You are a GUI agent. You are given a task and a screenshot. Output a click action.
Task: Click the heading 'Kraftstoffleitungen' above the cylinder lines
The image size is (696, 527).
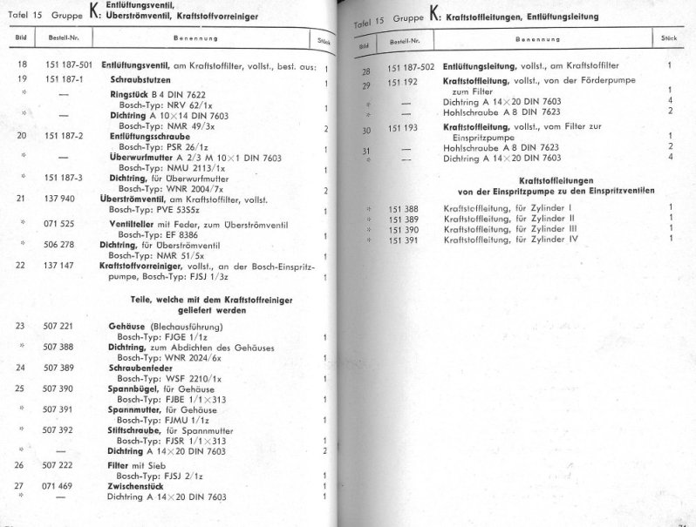tap(523, 179)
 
